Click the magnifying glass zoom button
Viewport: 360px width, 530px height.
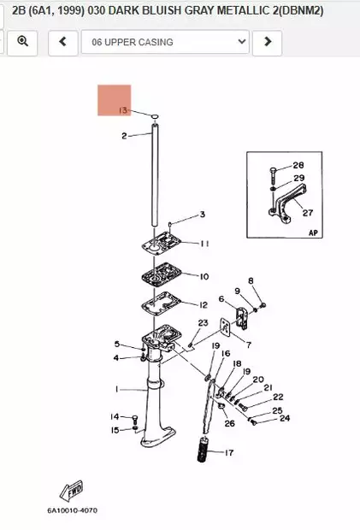tap(22, 42)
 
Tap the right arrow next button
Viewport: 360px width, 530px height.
tap(268, 42)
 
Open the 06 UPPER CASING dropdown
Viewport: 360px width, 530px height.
tap(165, 42)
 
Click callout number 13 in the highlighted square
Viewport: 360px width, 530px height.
tap(123, 110)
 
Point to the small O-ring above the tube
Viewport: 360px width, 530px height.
tap(155, 116)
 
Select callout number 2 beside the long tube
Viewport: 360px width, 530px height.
tap(124, 136)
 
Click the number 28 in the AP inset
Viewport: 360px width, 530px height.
tap(298, 165)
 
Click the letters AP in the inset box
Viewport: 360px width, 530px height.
tap(313, 233)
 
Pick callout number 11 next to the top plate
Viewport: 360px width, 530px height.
tap(204, 244)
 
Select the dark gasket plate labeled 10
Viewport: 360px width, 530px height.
tap(162, 274)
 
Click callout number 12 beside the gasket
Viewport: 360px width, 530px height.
tap(204, 305)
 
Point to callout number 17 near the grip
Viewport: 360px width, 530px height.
tap(229, 452)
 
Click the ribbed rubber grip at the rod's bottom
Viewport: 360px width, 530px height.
tap(204, 449)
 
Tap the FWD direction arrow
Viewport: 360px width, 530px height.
tap(71, 491)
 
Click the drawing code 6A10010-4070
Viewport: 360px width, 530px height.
tap(72, 510)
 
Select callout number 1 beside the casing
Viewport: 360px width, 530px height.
tap(117, 390)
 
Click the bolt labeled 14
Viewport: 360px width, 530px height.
tap(135, 419)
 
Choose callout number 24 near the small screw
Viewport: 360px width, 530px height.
tap(285, 419)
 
